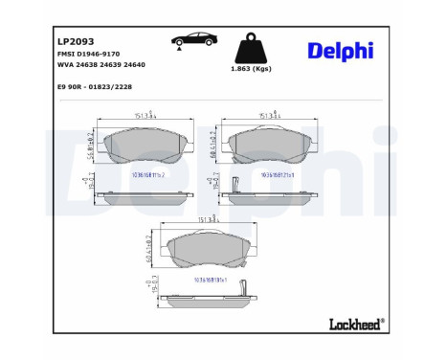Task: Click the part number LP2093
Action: coord(77,43)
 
